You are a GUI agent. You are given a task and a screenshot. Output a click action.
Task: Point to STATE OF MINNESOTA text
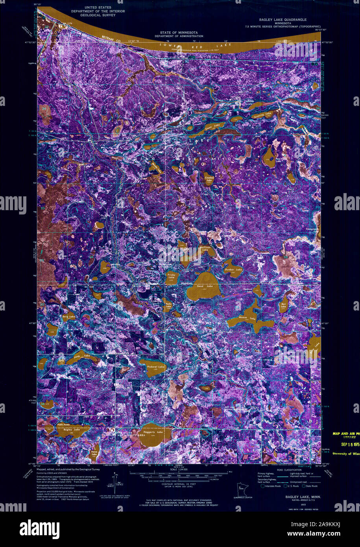[179, 32]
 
